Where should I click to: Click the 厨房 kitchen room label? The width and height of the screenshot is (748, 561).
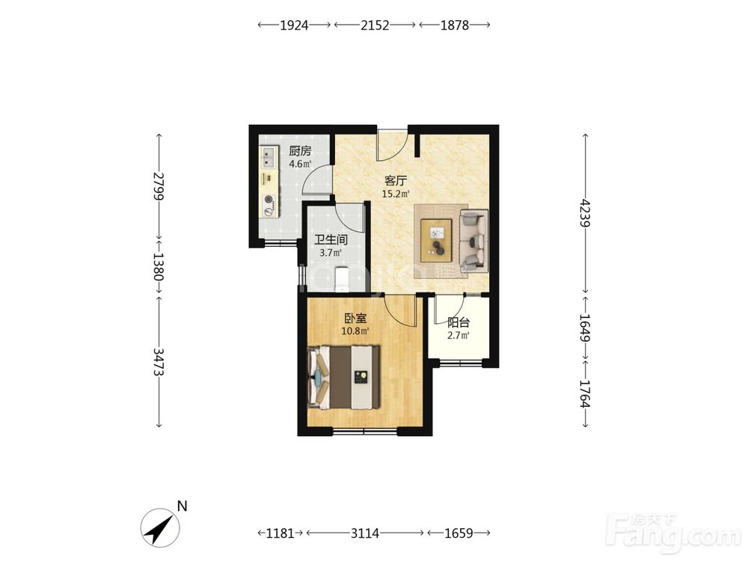300,151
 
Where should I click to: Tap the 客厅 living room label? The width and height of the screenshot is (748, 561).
396,181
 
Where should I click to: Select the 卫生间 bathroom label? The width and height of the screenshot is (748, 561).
331,239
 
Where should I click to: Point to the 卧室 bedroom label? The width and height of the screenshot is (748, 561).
356,318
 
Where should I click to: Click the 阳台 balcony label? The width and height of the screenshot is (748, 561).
459,322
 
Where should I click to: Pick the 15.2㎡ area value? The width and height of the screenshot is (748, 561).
396,194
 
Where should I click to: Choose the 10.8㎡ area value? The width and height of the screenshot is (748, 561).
356,331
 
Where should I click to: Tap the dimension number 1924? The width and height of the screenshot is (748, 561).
294,25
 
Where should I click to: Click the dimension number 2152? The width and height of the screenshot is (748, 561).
375,25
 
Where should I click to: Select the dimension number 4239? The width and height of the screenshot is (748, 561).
586,213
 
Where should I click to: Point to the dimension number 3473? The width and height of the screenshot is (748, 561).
159,361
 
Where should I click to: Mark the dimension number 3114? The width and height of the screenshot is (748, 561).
365,533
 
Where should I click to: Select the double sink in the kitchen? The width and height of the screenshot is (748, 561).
269,157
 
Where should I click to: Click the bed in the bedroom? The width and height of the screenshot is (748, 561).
344,377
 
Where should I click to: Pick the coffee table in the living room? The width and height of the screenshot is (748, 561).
437,240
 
